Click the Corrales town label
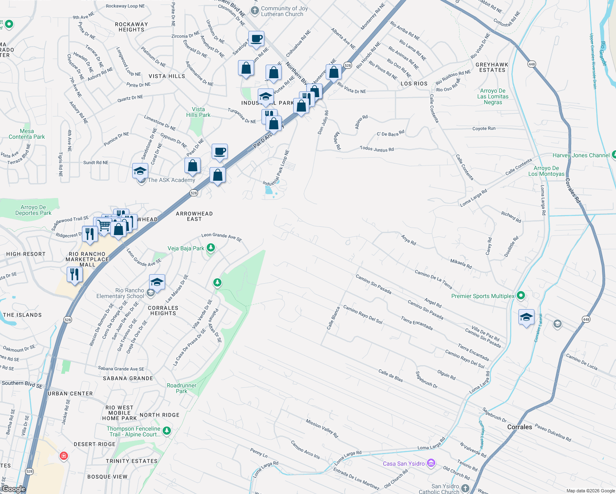[x=520, y=427]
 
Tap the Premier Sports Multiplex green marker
[x=521, y=296]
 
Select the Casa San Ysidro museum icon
[x=431, y=464]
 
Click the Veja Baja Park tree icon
[x=211, y=248]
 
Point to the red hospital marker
[x=63, y=456]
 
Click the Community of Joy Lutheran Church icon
[x=255, y=10]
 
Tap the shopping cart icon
[x=105, y=225]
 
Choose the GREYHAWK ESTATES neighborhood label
[x=492, y=68]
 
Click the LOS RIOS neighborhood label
[x=414, y=84]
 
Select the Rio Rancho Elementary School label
[x=120, y=293]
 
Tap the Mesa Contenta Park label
[x=27, y=134]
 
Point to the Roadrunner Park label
[x=182, y=388]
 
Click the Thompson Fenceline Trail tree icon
[x=167, y=431]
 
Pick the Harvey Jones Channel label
[x=581, y=155]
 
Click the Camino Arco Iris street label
[x=305, y=450]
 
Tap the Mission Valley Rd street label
[x=322, y=428]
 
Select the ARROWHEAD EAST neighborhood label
[x=194, y=216]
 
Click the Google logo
[x=14, y=489]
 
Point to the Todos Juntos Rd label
[x=377, y=149]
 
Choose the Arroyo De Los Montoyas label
[x=546, y=171]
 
